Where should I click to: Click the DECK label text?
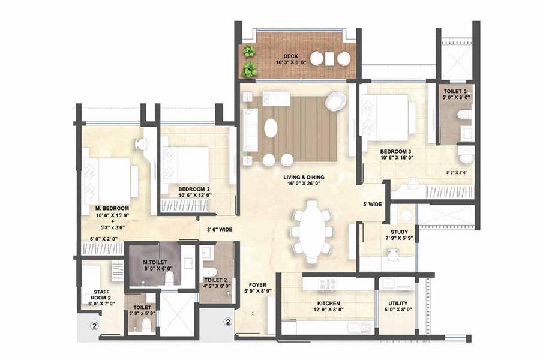291,55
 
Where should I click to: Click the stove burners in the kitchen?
328,284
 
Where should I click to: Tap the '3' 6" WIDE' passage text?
220,229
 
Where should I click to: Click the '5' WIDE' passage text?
372,205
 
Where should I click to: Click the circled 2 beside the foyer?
227,322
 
